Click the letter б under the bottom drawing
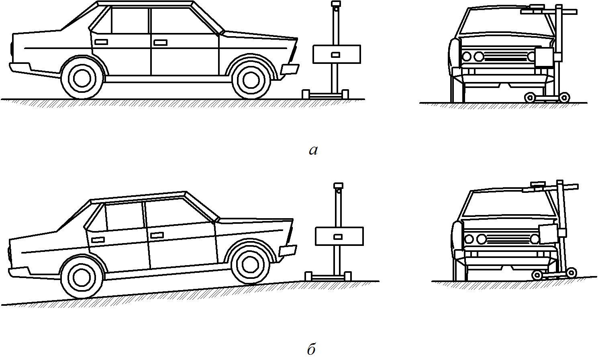click(312, 349)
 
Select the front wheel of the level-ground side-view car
click(251, 78)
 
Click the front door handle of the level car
click(160, 42)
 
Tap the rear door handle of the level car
click(101, 42)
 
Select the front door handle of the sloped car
click(157, 235)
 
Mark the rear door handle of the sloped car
click(98, 240)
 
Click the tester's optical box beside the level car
click(336, 54)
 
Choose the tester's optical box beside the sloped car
click(339, 236)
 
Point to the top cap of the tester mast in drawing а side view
click(335, 5)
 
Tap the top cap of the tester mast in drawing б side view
click(338, 186)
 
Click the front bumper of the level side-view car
click(290, 69)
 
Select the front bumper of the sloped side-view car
click(288, 250)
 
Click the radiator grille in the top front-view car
click(506, 57)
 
